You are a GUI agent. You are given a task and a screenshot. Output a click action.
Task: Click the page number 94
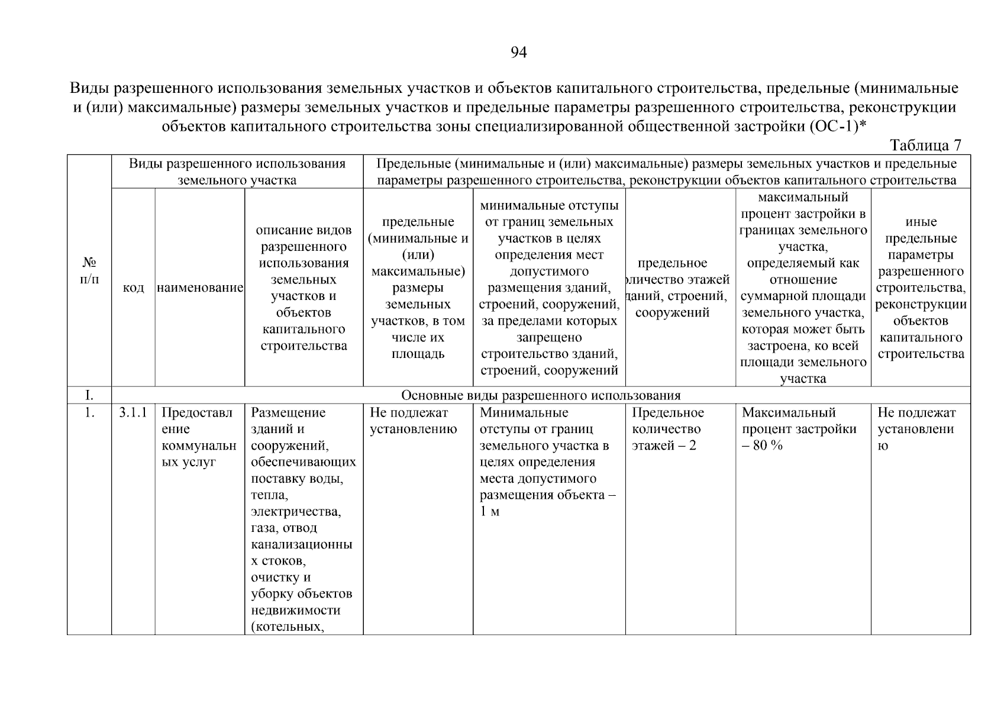pos(518,53)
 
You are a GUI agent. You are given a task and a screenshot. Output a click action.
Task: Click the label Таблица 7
pos(925,145)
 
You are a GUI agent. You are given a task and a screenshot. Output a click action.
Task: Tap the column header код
pos(133,288)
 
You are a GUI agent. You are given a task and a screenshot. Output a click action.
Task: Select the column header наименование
pos(200,288)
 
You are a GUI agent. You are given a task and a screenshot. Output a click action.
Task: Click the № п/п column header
pos(89,270)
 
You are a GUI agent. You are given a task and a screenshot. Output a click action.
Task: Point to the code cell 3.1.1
pos(133,412)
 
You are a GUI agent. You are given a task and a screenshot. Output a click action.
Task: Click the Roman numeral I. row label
pos(89,395)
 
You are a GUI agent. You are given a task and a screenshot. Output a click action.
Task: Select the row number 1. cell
pos(89,412)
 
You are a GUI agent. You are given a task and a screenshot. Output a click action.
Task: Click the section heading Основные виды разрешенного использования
pos(541,395)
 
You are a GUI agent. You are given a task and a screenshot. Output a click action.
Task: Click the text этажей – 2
pos(664,446)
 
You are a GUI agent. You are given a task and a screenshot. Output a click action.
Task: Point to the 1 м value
pos(489,511)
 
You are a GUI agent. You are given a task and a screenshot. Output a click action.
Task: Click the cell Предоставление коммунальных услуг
pos(199,437)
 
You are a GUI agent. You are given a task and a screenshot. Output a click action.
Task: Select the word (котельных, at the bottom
pos(288,627)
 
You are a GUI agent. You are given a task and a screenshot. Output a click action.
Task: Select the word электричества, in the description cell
pos(296,511)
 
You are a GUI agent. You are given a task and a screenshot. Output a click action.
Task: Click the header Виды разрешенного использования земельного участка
pos(237,172)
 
